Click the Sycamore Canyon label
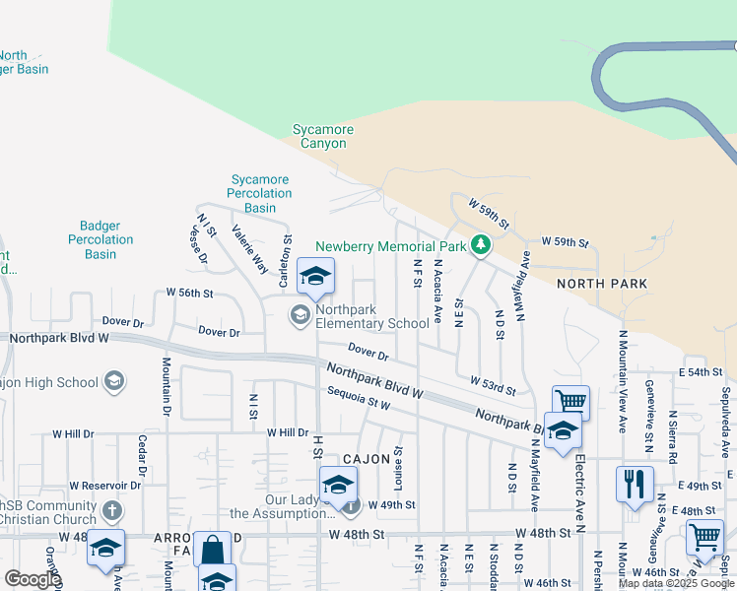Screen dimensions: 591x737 coord(322,137)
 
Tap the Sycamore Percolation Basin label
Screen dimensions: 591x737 coord(260,193)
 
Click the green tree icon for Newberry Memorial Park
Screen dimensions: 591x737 coord(480,244)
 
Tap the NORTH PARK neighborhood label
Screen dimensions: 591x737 coord(602,284)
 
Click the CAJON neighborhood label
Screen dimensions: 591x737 coord(368,459)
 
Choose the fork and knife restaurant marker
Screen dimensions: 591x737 coord(635,484)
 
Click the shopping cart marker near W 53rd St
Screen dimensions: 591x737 coord(570,401)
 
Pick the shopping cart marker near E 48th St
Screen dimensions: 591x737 coord(704,538)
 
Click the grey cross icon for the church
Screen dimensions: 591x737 coord(112,510)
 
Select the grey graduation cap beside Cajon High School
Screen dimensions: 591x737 coord(114,381)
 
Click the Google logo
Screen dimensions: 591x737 coord(32,579)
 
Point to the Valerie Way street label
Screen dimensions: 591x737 coord(249,249)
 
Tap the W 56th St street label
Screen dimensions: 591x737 coord(190,293)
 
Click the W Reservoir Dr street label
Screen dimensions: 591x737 coord(108,486)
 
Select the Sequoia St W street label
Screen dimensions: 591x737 coord(359,400)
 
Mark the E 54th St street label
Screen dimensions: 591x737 coord(701,372)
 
